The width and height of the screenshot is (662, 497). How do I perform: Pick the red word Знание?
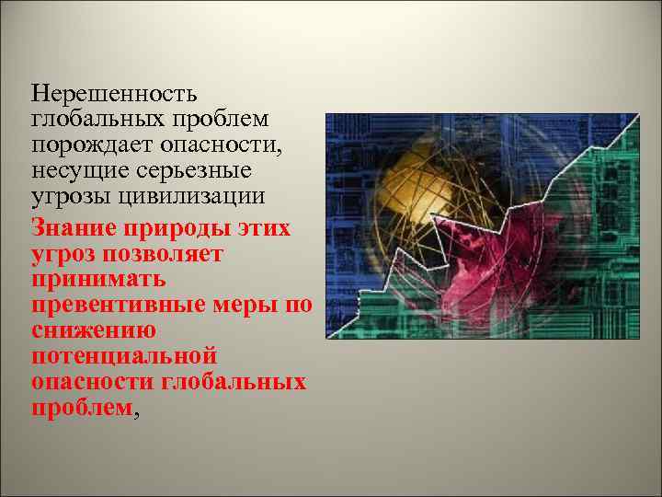(x=70, y=225)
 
